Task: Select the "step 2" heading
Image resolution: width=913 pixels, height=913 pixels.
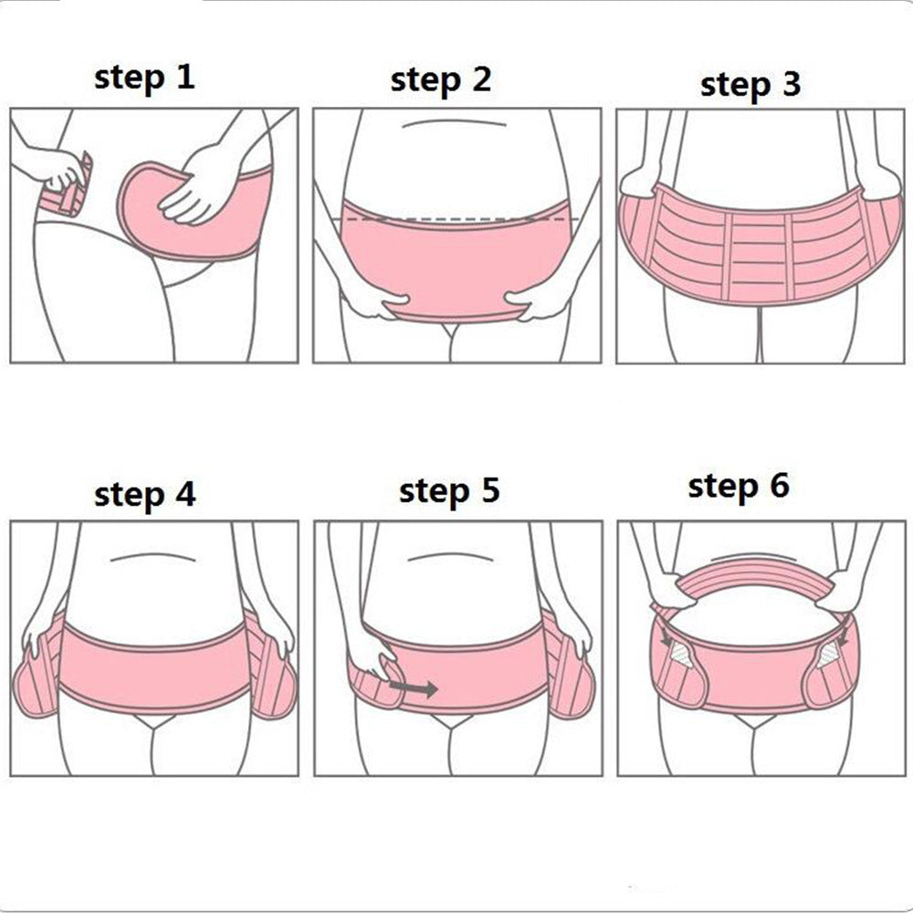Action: pos(441,81)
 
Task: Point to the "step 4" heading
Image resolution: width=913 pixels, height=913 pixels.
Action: pos(145,496)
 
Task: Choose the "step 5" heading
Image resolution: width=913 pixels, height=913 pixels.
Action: pos(449,492)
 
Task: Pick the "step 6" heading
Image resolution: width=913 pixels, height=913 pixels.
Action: pos(739,487)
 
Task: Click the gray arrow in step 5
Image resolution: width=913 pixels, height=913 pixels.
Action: pos(414,688)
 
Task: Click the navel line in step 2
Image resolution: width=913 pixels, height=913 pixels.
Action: pos(454,123)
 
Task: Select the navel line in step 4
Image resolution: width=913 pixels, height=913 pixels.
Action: pos(152,557)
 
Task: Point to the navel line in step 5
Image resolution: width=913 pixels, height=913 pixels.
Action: pos(451,556)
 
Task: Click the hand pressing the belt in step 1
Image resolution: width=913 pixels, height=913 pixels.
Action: pos(195,185)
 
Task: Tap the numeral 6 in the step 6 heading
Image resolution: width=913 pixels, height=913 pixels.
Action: pos(779,485)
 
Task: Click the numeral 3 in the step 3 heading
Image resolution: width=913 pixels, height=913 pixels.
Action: pos(792,83)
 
